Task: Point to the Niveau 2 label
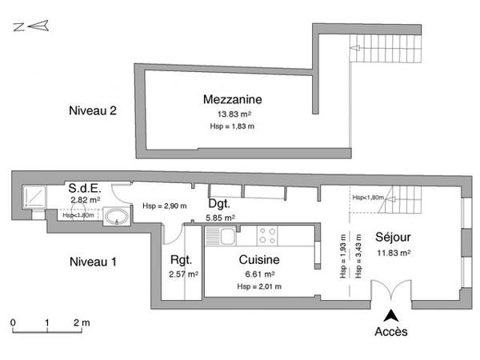(93, 111)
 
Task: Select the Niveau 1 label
(93, 261)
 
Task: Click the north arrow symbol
(30, 27)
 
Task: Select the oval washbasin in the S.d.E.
(117, 215)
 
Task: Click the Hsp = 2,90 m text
(164, 206)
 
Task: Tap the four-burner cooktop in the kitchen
(266, 236)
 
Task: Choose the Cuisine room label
(259, 260)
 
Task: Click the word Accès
(391, 331)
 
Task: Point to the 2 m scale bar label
(82, 323)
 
